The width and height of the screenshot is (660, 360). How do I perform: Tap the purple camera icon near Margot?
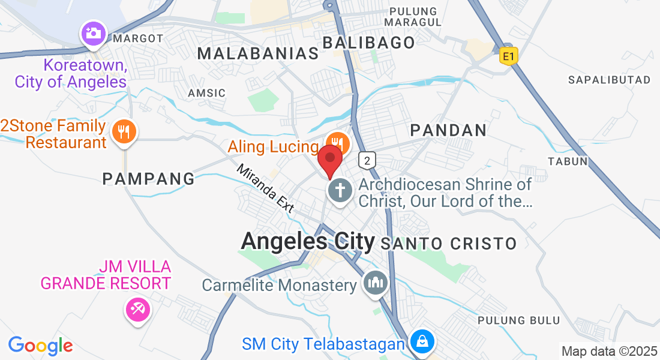93,33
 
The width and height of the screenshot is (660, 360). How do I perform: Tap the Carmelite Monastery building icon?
376,283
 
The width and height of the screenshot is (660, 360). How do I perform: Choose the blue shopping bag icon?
422,342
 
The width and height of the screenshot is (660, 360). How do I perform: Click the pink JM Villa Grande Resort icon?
138,310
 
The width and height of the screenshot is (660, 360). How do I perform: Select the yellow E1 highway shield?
508,56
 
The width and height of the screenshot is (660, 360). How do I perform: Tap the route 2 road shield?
367,160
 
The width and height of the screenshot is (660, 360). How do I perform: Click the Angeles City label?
307,241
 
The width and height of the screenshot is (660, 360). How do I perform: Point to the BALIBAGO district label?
369,43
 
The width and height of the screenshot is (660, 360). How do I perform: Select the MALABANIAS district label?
258,53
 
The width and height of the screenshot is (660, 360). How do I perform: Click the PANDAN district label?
448,130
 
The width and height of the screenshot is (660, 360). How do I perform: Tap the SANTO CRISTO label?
448,244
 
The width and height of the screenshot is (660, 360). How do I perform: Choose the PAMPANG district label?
149,178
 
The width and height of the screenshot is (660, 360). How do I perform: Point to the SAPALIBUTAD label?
609,80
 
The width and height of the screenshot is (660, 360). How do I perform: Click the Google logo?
40,346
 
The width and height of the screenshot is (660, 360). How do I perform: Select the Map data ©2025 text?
608,351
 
